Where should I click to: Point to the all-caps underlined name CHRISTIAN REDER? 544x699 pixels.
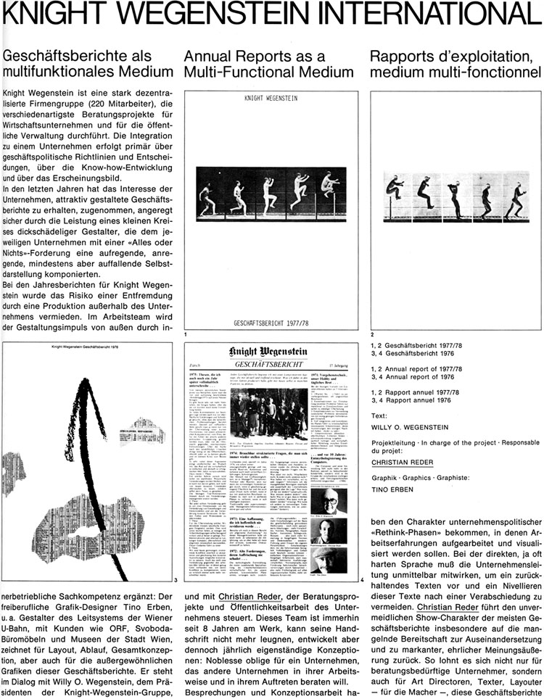pyautogui.click(x=406, y=463)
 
